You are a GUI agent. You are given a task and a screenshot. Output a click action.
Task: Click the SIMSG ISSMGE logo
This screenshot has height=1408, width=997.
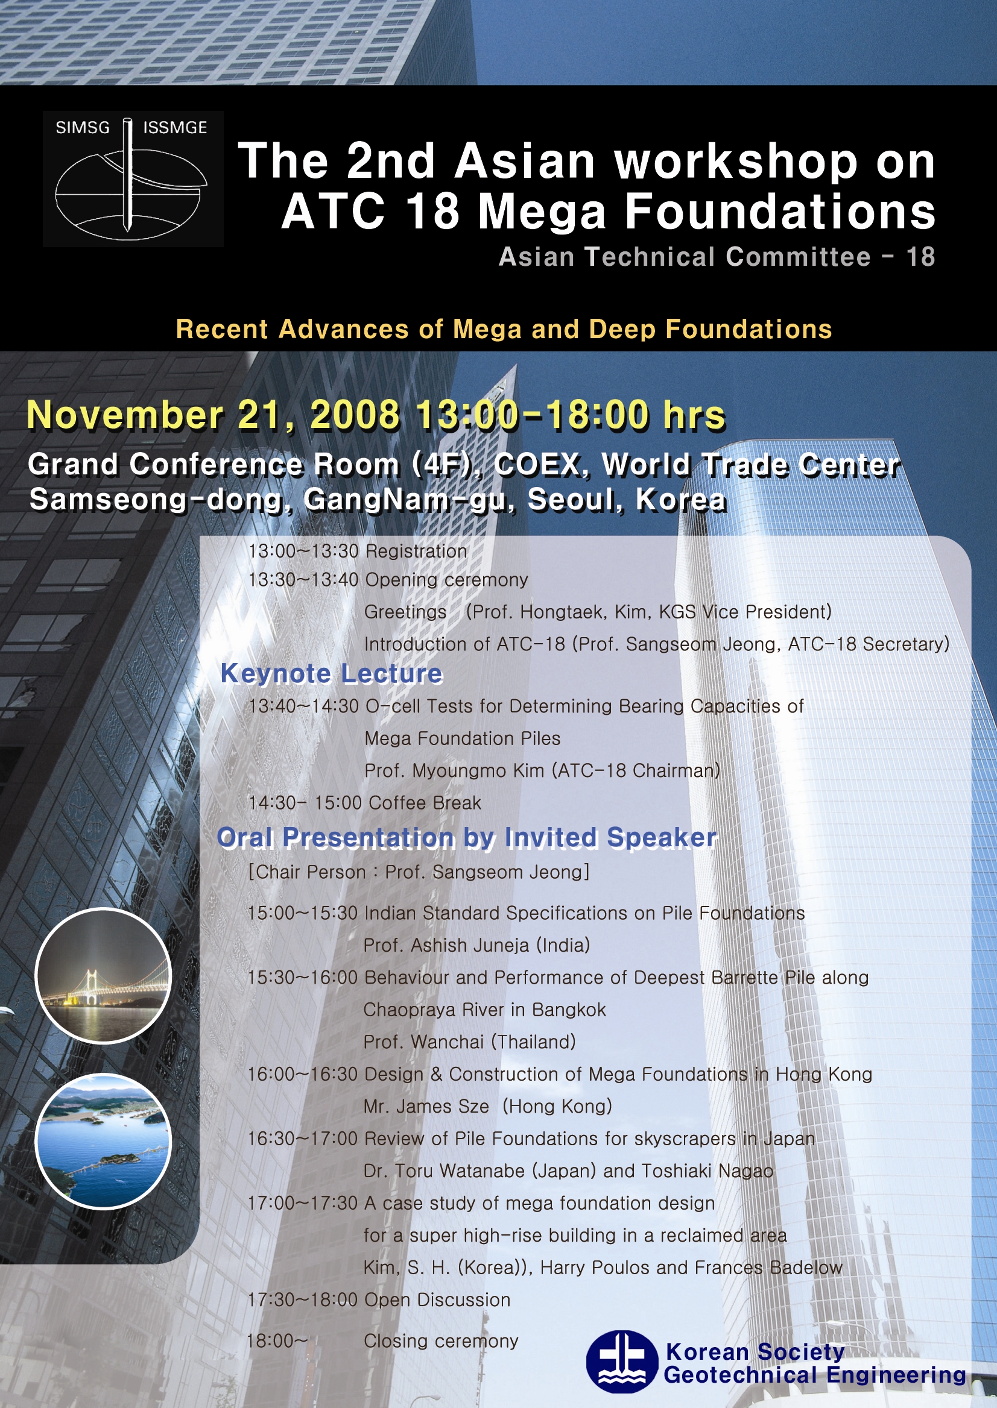[133, 178]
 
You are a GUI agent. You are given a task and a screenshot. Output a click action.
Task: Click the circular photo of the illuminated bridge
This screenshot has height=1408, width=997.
[103, 976]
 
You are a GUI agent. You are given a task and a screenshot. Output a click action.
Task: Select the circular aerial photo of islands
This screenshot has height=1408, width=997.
[103, 1142]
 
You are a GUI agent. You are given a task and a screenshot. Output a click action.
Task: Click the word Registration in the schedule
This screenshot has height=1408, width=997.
[416, 551]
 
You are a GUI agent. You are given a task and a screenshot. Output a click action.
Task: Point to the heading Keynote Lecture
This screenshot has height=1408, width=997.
[332, 674]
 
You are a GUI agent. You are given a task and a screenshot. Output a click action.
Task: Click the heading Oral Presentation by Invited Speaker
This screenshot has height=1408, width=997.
[467, 837]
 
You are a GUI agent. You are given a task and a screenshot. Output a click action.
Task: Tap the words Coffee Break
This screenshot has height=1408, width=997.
[425, 802]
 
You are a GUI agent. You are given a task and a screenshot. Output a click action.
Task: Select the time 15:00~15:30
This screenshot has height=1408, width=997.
[303, 913]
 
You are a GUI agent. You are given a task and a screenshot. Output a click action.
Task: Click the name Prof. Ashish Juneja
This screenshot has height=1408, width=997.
[448, 946]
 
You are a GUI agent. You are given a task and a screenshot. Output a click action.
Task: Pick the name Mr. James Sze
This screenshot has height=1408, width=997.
[426, 1106]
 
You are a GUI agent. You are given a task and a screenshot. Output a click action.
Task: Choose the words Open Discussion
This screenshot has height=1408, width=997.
[437, 1300]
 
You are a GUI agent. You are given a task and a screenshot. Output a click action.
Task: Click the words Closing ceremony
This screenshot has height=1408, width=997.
[442, 1340]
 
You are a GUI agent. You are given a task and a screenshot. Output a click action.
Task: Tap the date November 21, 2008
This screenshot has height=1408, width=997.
[214, 415]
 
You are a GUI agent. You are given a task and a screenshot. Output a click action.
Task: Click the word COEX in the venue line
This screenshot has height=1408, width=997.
[537, 465]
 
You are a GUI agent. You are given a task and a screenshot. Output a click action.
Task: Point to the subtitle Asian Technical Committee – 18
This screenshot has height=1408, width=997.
[717, 256]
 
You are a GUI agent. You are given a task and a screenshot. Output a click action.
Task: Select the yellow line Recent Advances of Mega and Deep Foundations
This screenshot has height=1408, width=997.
[504, 330]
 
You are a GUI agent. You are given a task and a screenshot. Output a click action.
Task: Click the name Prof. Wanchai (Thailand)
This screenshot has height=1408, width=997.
[470, 1042]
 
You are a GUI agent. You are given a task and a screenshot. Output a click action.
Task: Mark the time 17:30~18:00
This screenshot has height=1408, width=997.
[303, 1300]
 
